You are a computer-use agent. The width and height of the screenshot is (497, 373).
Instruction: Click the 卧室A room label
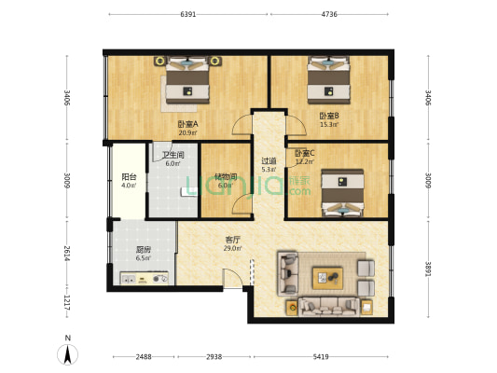tap(186, 123)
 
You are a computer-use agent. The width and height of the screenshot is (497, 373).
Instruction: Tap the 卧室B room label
tap(328, 117)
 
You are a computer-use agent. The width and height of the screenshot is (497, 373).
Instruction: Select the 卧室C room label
tap(304, 154)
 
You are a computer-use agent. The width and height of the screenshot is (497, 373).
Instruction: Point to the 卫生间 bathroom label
tap(172, 156)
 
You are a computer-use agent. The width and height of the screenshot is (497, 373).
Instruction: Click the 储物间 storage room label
tap(225, 175)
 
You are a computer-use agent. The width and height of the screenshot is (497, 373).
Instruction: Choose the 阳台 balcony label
tap(129, 176)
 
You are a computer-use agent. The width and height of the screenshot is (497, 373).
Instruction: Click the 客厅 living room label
tap(232, 241)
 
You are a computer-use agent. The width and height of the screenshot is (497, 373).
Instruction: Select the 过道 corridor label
tap(268, 160)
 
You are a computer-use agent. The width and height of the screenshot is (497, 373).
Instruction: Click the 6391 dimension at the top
tap(187, 15)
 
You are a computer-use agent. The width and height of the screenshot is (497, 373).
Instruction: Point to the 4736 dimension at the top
tap(329, 15)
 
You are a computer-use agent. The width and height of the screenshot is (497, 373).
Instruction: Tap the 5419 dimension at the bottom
tap(320, 357)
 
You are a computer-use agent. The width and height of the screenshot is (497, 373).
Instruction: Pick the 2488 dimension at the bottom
tap(143, 357)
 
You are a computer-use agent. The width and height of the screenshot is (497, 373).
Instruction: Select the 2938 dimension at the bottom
tap(214, 357)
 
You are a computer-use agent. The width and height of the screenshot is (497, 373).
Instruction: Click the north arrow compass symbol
tap(67, 352)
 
